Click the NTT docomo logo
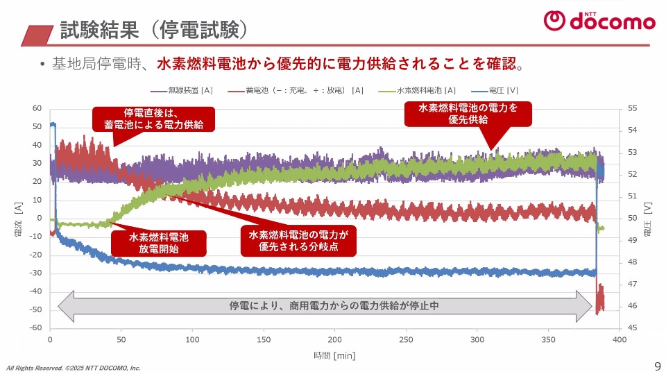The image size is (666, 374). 599,21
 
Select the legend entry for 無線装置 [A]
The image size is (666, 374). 182,90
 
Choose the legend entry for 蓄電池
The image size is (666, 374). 296,90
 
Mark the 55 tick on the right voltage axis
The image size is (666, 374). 631,109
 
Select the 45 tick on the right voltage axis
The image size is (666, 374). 631,328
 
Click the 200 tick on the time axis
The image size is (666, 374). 335,340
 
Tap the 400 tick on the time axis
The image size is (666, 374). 620,340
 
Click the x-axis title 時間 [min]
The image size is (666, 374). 334,355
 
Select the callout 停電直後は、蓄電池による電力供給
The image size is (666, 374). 153,119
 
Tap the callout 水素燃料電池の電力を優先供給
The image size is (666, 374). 468,114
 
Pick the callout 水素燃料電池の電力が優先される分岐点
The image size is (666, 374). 298,241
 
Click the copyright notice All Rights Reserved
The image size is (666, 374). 74,368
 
